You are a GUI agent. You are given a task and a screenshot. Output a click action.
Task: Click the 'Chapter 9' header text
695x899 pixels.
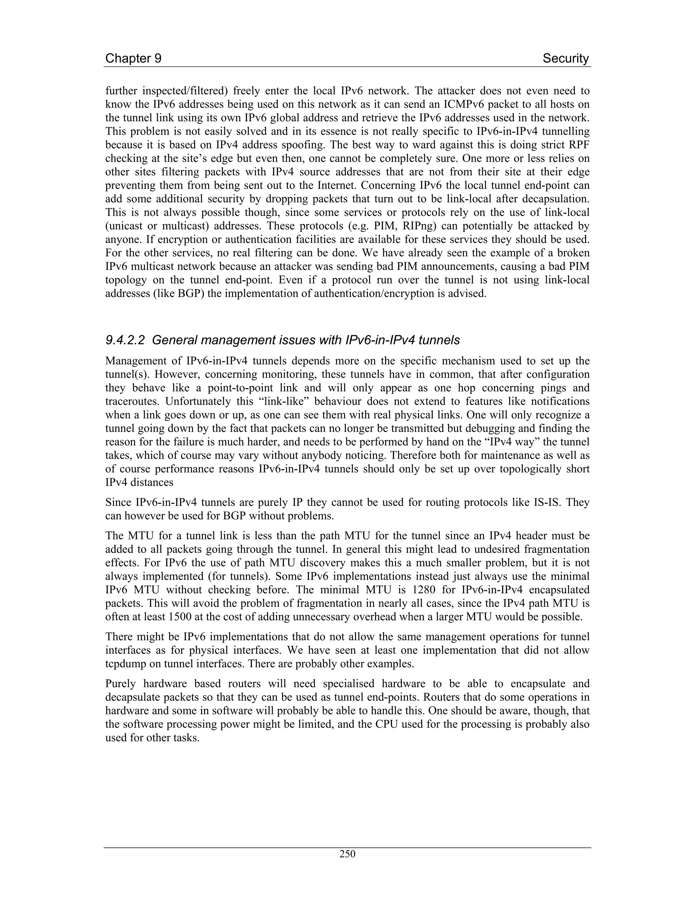click(x=133, y=58)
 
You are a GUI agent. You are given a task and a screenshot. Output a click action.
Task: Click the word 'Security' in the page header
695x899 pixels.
click(x=566, y=58)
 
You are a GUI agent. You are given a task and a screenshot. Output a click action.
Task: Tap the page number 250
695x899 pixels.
click(x=347, y=854)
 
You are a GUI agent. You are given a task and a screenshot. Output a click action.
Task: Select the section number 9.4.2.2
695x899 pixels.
click(x=125, y=340)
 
